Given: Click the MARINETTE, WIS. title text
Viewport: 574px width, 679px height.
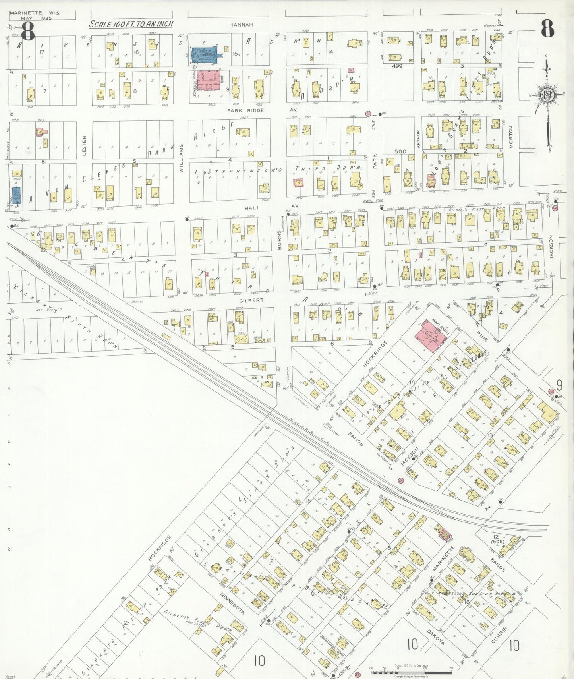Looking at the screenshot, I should tap(35, 13).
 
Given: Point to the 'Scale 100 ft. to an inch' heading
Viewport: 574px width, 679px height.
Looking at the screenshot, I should tap(131, 24).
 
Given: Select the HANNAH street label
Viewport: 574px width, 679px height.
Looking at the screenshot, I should tap(241, 25).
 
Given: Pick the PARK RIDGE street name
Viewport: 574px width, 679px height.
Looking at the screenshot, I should tap(245, 110).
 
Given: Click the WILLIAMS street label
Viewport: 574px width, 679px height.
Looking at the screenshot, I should tap(182, 158).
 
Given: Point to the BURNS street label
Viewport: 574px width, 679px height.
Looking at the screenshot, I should tap(279, 240).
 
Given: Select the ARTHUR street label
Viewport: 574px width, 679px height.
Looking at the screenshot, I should tap(418, 139).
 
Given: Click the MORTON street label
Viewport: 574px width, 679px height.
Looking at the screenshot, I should tap(511, 137).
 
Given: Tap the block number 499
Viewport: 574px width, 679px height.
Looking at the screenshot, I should tap(397, 66).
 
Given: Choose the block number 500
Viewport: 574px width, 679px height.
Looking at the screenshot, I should tap(400, 151).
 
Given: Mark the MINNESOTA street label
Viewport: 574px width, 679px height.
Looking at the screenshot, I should tap(232, 604).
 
